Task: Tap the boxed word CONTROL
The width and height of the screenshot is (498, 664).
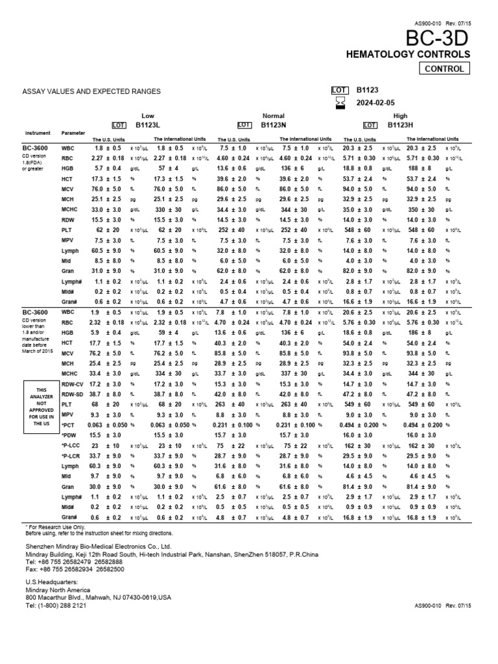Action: click(x=444, y=69)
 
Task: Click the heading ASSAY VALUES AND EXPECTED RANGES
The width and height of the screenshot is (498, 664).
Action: click(x=91, y=92)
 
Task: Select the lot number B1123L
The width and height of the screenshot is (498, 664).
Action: click(x=148, y=124)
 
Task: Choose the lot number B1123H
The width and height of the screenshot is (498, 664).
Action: click(x=401, y=124)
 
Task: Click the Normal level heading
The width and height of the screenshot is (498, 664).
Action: click(x=269, y=115)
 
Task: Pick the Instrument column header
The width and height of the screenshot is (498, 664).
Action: click(x=37, y=133)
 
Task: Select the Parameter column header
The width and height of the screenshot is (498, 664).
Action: click(x=73, y=133)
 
